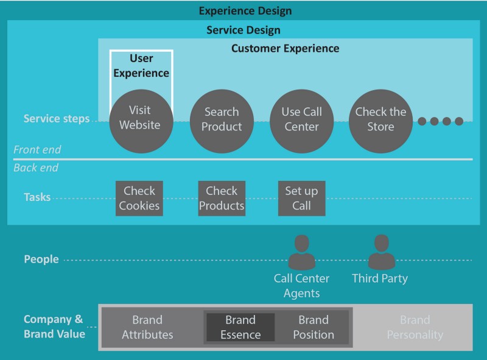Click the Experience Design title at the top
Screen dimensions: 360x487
pyautogui.click(x=245, y=11)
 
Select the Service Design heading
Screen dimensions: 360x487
pyautogui.click(x=243, y=30)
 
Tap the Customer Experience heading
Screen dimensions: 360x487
pyautogui.click(x=285, y=48)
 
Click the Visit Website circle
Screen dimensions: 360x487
pyautogui.click(x=140, y=119)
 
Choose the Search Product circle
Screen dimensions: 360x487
pyautogui.click(x=222, y=120)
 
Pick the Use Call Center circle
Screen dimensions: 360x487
pyautogui.click(x=301, y=120)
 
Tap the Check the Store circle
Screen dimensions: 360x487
pyautogui.click(x=380, y=120)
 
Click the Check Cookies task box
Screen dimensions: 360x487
pyautogui.click(x=139, y=198)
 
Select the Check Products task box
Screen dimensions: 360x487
pyautogui.click(x=222, y=198)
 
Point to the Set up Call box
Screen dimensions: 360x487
pyautogui.click(x=301, y=198)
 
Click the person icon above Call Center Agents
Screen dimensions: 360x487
pyautogui.click(x=301, y=252)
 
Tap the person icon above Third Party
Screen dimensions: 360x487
pyautogui.click(x=380, y=252)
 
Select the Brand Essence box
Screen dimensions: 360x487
pyautogui.click(x=240, y=327)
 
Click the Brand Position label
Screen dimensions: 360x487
pyautogui.click(x=314, y=327)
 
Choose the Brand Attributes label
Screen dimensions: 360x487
pyautogui.click(x=147, y=327)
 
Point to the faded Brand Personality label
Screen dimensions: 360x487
pyautogui.click(x=415, y=327)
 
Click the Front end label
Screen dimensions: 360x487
pyautogui.click(x=37, y=150)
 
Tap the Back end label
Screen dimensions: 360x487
pyautogui.click(x=36, y=168)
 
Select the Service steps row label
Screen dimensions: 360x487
pyautogui.click(x=57, y=119)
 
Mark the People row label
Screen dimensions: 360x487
pyautogui.click(x=41, y=259)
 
